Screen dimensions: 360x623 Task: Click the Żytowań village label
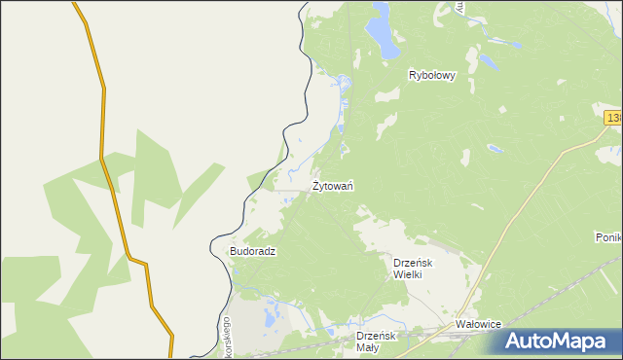pyautogui.click(x=332, y=185)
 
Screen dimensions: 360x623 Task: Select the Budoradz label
pyautogui.click(x=253, y=251)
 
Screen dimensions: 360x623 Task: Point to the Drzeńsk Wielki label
pyautogui.click(x=419, y=269)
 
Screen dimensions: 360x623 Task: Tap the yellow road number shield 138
pyautogui.click(x=613, y=118)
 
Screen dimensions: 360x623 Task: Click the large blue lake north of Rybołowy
pyautogui.click(x=383, y=37)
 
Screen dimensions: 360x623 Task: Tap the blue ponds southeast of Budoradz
pyautogui.click(x=272, y=314)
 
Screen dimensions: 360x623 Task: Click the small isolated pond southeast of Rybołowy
pyautogui.click(x=495, y=149)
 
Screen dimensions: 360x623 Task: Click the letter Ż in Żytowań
pyautogui.click(x=315, y=184)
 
